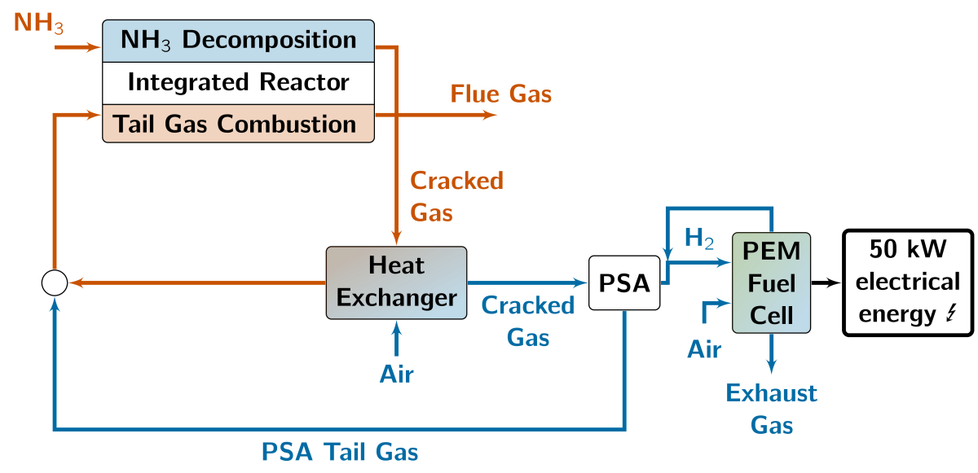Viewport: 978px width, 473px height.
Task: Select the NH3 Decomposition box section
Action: pos(238,40)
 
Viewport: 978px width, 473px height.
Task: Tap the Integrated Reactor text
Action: pos(238,82)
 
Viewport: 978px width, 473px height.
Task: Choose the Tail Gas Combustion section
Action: pos(238,124)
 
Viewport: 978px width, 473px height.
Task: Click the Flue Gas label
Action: pos(501,94)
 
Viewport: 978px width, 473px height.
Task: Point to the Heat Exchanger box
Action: pos(396,282)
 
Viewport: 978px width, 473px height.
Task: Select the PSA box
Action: pos(623,282)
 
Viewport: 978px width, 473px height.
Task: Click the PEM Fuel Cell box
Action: pos(772,282)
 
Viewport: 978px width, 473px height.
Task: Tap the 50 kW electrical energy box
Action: pos(908,282)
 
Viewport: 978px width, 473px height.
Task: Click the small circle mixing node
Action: pos(54,282)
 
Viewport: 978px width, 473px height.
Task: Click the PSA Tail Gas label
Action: pos(340,452)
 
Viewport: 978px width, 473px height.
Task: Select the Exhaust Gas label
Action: pos(772,409)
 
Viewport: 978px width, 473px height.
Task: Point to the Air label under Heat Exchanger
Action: pos(397,374)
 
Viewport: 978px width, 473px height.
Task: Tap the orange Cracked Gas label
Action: pos(456,196)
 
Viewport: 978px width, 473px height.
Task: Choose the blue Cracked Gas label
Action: pos(528,321)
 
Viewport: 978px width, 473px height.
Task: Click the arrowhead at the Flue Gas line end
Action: pos(490,115)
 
